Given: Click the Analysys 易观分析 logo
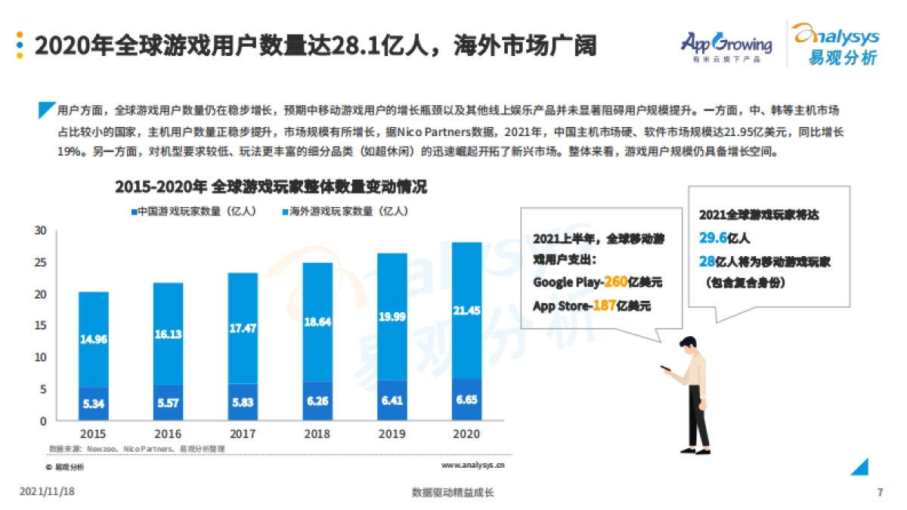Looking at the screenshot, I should click(834, 43).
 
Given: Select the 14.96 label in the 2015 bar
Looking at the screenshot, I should click(93, 340).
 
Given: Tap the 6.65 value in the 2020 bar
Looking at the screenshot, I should click(466, 399).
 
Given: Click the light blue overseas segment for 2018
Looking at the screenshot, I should click(317, 321).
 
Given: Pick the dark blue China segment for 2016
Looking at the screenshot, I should click(168, 403).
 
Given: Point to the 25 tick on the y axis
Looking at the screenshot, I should click(41, 262).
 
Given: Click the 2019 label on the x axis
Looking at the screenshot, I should click(392, 434).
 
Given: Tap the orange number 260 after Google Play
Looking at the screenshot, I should click(615, 283).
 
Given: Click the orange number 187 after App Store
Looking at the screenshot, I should click(603, 306).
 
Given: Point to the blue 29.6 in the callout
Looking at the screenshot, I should click(713, 238).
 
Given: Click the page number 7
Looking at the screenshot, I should click(880, 493).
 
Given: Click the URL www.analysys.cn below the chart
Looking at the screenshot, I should click(473, 466).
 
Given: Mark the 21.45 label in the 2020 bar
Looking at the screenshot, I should click(466, 311).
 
